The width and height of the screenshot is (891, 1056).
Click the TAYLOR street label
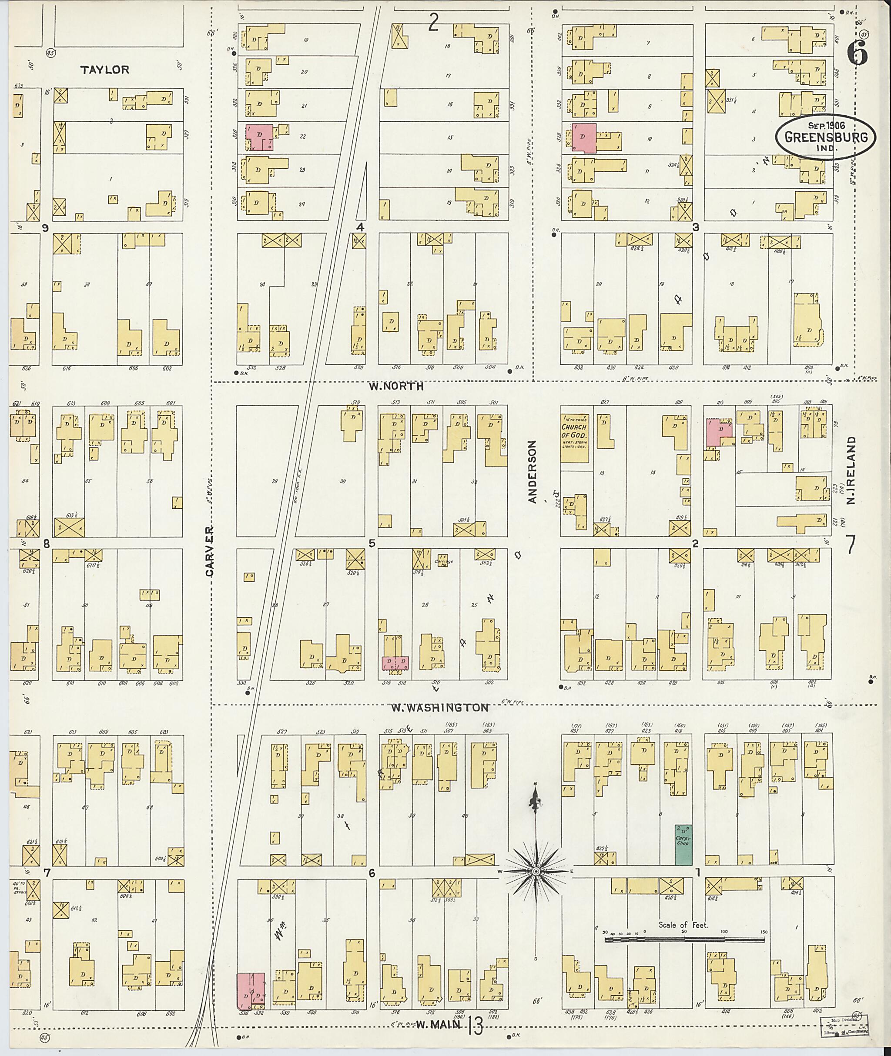(104, 70)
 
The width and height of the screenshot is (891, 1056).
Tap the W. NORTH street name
(395, 386)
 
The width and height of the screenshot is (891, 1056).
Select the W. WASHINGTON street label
(440, 707)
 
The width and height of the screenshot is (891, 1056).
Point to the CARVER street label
(210, 551)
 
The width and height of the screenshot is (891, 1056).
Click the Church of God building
(574, 438)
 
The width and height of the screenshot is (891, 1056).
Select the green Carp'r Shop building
(683, 844)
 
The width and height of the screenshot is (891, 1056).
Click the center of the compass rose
(536, 871)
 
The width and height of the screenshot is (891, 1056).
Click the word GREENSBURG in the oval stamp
(826, 137)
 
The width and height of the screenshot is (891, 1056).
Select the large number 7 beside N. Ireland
(851, 545)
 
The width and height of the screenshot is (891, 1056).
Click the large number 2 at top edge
(433, 23)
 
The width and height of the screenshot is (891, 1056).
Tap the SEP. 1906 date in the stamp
(826, 125)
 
